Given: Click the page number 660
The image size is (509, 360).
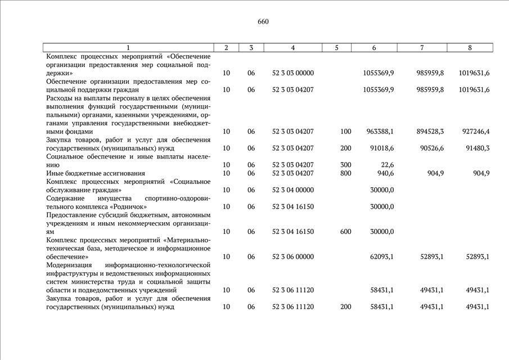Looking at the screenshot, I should (x=263, y=22).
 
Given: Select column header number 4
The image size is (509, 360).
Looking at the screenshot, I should (x=293, y=48).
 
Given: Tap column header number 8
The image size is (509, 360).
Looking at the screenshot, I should (x=470, y=48).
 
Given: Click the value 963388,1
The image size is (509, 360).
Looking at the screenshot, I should (x=379, y=132).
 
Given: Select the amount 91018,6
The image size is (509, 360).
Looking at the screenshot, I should (x=381, y=148).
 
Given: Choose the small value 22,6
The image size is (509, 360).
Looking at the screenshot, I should (x=387, y=165).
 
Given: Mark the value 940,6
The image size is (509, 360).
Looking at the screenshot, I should (x=385, y=173).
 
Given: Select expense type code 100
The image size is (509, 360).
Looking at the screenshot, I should (x=345, y=132).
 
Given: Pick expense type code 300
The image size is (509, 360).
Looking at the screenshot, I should (x=345, y=165).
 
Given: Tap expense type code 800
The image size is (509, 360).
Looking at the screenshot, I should (x=345, y=173).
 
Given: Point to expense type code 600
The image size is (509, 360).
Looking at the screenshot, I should (x=345, y=232).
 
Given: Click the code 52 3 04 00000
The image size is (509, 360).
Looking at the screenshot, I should (x=293, y=190).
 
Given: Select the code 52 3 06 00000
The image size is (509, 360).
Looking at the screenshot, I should (x=293, y=256).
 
